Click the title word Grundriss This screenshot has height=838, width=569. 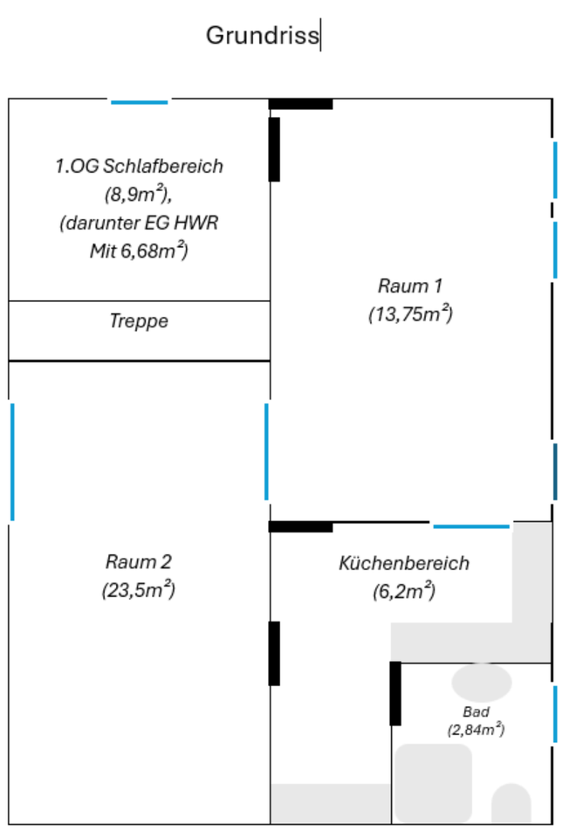[x=262, y=36]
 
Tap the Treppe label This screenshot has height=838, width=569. [x=139, y=321]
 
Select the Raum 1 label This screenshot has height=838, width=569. [x=410, y=285]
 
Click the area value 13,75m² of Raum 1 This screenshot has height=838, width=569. [x=410, y=314]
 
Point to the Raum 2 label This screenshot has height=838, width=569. [x=139, y=560]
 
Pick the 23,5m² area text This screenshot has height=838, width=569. [x=139, y=590]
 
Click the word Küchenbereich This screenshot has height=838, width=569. [x=403, y=563]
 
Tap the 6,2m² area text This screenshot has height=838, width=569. [x=403, y=592]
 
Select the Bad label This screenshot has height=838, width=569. [x=476, y=712]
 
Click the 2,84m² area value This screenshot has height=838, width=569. [x=476, y=730]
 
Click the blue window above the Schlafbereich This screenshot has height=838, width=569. [x=139, y=102]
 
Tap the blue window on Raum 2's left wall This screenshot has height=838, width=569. [x=12, y=462]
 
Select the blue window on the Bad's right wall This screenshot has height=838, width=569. [x=555, y=714]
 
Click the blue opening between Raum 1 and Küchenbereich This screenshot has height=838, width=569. [x=471, y=526]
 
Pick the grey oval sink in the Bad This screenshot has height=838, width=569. [x=482, y=681]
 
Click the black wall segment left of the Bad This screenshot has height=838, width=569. [x=395, y=693]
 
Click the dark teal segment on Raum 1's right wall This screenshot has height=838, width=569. [x=555, y=471]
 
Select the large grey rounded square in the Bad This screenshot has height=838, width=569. [x=434, y=783]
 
